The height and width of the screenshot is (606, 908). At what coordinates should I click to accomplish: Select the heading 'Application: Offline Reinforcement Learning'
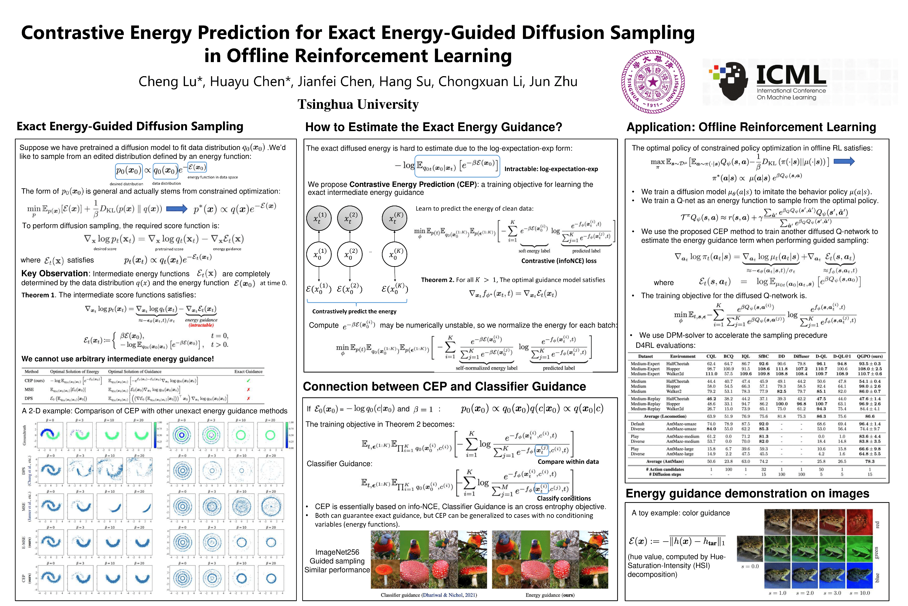pos(751,127)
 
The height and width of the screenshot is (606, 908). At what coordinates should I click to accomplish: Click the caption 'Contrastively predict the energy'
pos(354,311)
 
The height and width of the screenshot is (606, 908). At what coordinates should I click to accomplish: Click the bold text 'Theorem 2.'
pos(437,280)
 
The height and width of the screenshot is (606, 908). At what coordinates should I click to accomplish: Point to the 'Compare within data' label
pos(568,462)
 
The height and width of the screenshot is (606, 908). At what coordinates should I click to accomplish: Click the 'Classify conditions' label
pos(564,498)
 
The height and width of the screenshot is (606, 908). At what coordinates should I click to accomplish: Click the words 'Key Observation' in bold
pos(54,274)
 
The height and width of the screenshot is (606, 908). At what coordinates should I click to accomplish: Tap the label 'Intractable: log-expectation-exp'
pos(551,169)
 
